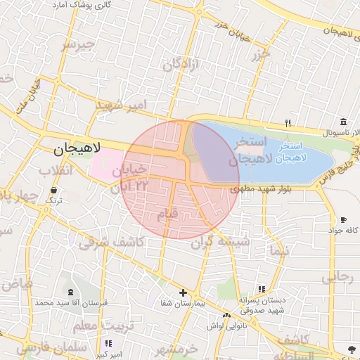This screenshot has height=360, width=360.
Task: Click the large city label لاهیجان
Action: [78, 148]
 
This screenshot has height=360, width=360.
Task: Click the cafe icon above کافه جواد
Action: [343, 219]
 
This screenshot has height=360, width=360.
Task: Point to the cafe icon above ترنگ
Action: [54, 190]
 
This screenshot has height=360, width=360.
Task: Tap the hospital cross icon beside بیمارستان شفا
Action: [183, 292]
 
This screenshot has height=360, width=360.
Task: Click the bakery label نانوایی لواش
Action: [226, 325]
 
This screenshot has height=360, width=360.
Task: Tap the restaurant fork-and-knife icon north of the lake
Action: [288, 124]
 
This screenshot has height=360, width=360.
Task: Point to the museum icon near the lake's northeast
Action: [342, 122]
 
